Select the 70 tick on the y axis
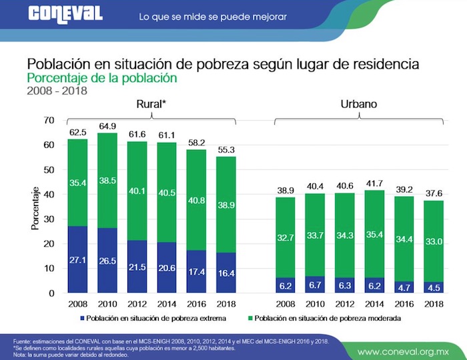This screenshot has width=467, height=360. click(x=48, y=120)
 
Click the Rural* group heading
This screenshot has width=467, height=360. click(x=151, y=104)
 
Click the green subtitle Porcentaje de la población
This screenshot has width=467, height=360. click(x=102, y=78)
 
